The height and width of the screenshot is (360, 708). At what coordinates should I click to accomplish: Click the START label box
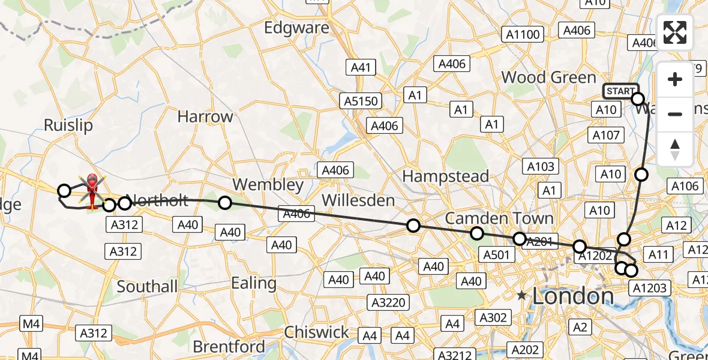(620, 91)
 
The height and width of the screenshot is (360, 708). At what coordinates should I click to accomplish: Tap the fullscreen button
(675, 32)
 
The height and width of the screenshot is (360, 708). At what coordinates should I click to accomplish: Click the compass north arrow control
(675, 149)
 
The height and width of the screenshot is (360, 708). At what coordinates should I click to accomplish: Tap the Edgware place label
(297, 28)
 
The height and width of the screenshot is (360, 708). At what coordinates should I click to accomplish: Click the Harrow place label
(205, 116)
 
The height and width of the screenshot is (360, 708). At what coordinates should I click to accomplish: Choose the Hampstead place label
(445, 176)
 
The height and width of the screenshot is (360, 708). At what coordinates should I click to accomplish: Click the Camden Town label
(490, 217)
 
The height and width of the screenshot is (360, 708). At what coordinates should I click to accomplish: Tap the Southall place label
(147, 286)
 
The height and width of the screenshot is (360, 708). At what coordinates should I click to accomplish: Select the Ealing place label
(254, 283)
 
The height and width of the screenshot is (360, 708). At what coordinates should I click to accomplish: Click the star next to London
(522, 295)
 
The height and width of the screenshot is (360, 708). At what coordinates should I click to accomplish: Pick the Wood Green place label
(548, 77)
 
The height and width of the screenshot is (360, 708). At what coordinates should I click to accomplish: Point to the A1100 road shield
(523, 35)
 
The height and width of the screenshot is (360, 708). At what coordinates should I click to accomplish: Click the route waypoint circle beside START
(638, 99)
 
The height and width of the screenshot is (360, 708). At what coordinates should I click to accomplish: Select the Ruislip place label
(68, 125)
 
